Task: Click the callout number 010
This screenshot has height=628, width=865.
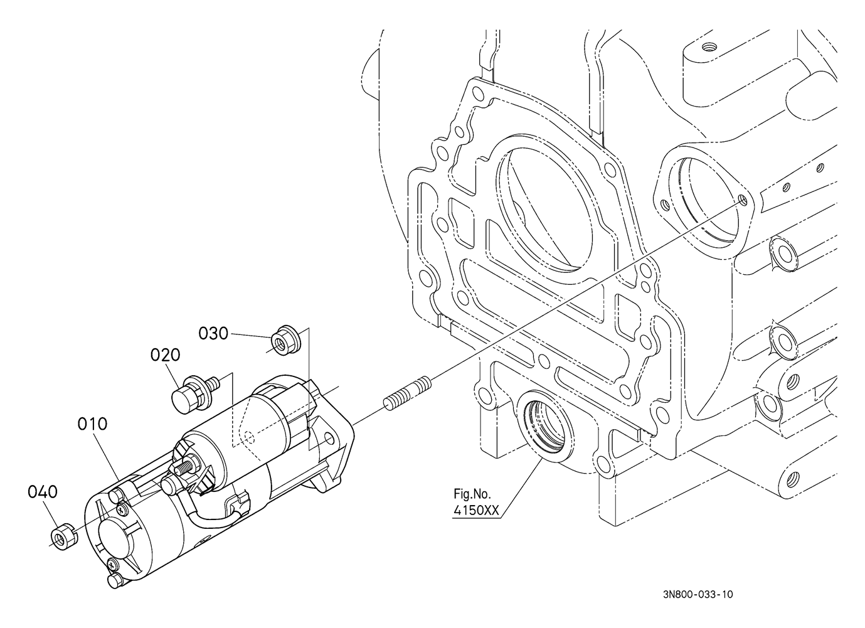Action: [x=92, y=424]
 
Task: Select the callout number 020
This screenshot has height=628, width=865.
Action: [x=165, y=355]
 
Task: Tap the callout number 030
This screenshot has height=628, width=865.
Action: [x=213, y=333]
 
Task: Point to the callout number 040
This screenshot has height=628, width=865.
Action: [x=43, y=492]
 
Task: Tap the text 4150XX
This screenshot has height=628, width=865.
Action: [x=476, y=511]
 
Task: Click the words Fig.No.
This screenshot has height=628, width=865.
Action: [x=472, y=494]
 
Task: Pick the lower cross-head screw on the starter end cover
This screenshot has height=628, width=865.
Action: [x=112, y=565]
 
